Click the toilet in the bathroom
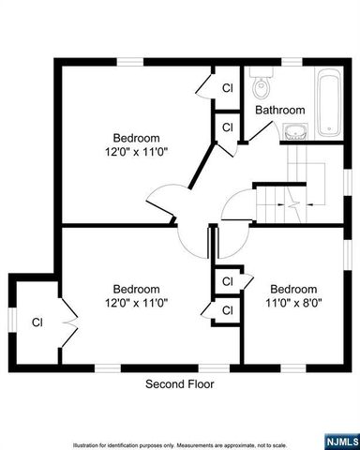[x=262, y=87]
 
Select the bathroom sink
[x=296, y=130]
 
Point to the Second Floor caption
[x=179, y=384]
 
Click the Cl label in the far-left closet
[x=37, y=322]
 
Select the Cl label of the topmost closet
[x=227, y=88]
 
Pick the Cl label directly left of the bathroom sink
[x=227, y=125]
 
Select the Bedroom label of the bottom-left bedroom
[x=137, y=289]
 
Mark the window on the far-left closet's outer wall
[x=10, y=320]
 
